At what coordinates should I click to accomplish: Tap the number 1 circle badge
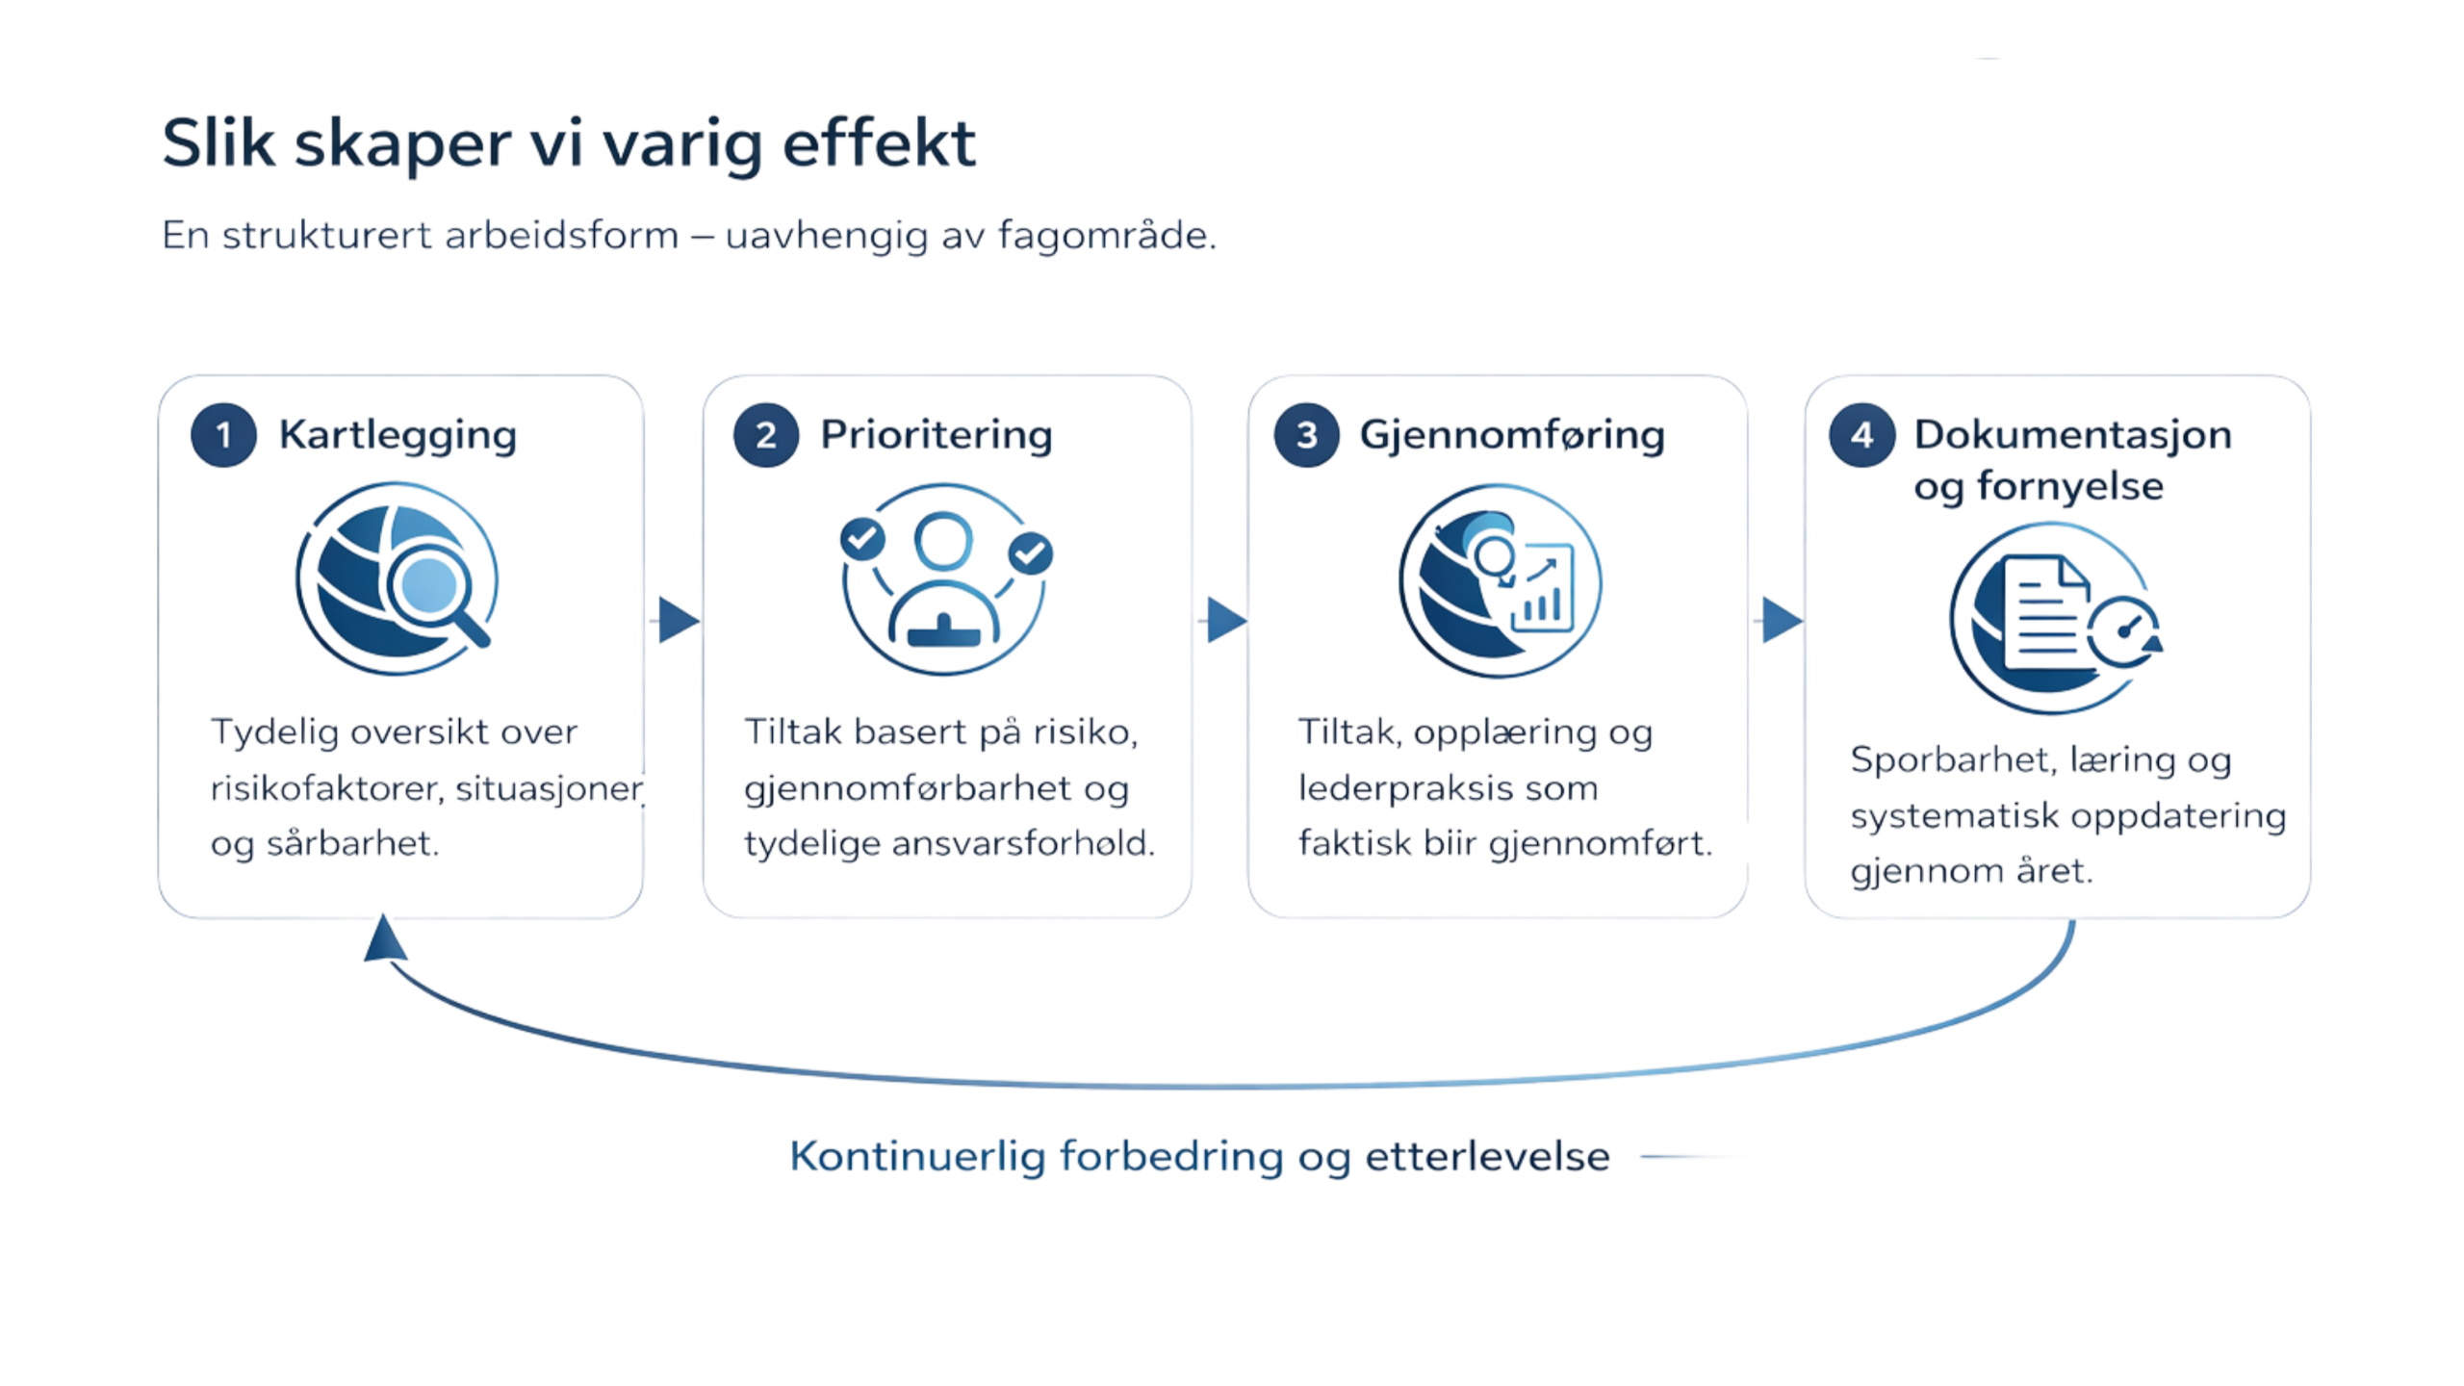[223, 436]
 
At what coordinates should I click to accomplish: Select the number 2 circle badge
[765, 436]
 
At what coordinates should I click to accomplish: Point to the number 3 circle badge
[1306, 435]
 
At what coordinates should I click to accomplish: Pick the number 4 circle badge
[1861, 435]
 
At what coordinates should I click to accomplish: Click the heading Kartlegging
[398, 435]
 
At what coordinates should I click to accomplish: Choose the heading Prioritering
[936, 435]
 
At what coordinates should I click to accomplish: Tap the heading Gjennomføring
[1511, 435]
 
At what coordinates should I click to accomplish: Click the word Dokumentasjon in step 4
[2072, 435]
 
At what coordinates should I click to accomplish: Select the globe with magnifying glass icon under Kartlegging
[397, 583]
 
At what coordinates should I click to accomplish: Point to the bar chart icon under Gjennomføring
[1542, 597]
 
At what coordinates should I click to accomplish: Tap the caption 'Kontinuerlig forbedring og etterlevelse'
[1198, 1156]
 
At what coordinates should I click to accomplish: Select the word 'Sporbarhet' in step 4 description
[1926, 761]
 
